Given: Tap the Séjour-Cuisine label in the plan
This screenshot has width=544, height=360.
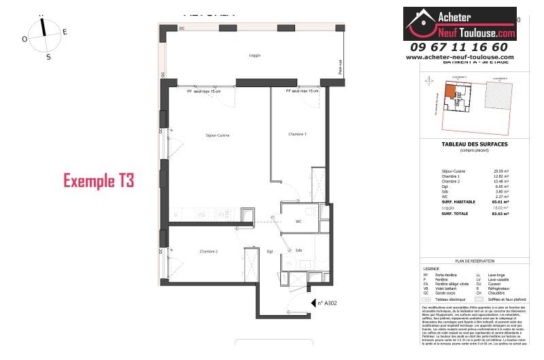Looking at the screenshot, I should [218, 135].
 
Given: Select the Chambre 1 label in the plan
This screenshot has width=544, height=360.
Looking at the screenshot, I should [297, 135].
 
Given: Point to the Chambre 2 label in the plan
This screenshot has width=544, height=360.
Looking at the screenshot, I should [209, 251].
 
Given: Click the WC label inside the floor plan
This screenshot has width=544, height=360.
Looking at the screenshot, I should [298, 221].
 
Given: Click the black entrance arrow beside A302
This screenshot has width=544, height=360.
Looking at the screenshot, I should [313, 304].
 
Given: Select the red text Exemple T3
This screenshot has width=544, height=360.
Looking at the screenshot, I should [99, 180].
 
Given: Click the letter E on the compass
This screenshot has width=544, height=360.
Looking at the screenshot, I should [65, 31].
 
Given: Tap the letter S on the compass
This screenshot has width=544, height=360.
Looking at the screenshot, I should [48, 57].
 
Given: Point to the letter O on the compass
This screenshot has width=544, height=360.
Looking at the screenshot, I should [24, 39].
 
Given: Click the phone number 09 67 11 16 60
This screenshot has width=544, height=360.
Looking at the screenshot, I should [459, 47].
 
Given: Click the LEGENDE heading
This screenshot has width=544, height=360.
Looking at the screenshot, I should [432, 269].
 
